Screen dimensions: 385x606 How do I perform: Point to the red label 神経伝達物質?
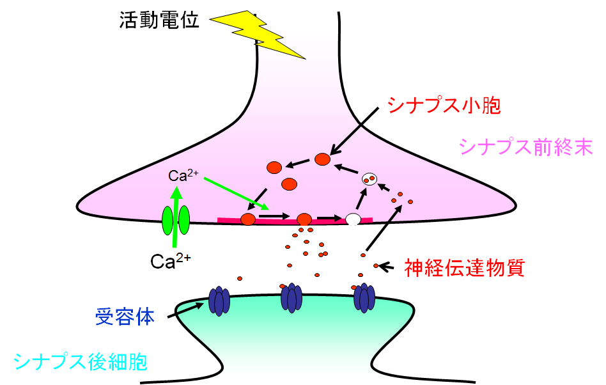[465, 267]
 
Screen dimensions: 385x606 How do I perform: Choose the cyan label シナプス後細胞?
[80, 362]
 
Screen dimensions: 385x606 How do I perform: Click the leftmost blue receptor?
[219, 299]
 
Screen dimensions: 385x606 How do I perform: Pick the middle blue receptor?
[291, 298]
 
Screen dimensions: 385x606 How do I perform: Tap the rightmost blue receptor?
[364, 298]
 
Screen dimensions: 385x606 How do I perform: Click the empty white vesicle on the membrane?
[353, 219]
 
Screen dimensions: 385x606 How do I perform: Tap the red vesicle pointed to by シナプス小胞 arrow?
[323, 159]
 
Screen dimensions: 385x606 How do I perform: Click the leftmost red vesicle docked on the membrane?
[248, 219]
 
